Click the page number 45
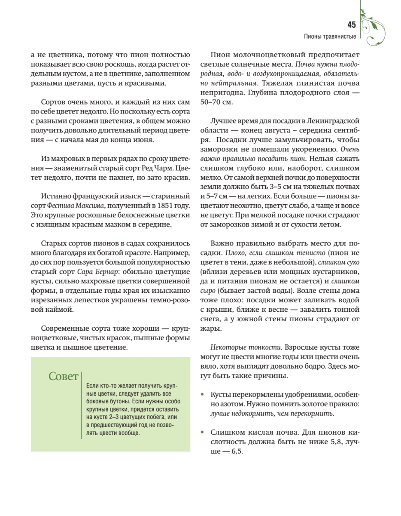coord(351,25)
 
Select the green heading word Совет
coord(64,377)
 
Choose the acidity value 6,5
coord(234,452)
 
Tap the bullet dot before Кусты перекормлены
coord(202,395)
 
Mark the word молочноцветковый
coord(274,55)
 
